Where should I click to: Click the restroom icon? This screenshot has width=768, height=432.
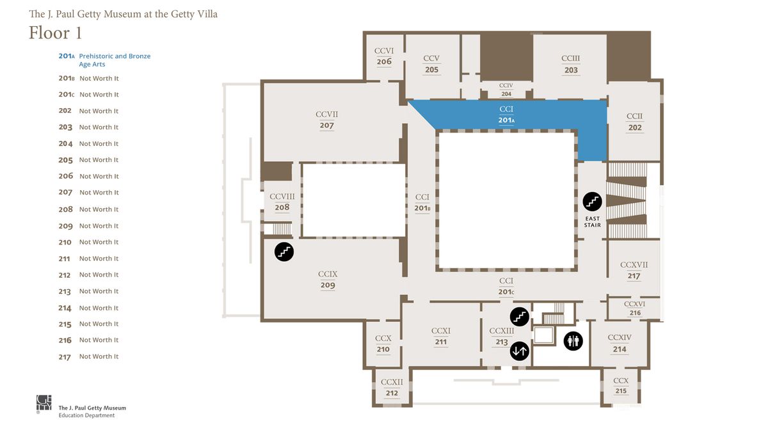coord(573,341)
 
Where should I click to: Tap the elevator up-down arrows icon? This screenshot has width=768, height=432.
coord(520,351)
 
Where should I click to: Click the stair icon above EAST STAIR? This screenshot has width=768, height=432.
coord(592,202)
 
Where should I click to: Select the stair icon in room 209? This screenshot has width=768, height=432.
coord(284,252)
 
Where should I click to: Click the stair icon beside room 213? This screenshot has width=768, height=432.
coord(520,316)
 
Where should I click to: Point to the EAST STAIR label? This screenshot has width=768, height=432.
coord(593,222)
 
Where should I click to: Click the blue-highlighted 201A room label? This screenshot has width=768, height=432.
coord(506,120)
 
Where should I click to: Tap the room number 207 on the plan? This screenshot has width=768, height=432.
coord(327,125)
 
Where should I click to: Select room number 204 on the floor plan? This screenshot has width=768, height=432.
coord(506,94)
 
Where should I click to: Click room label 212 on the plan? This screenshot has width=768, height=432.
coord(392,393)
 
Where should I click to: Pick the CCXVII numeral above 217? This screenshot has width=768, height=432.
coord(634,265)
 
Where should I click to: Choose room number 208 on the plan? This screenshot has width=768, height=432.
coord(282,207)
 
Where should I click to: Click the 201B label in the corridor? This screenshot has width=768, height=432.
coord(422,208)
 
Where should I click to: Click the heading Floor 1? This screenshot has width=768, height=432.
coord(55,33)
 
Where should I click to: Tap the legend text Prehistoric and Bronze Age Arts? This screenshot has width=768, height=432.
coord(115,60)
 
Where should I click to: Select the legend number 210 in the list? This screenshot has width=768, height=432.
coord(65,243)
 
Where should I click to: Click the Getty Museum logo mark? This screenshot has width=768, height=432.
coord(44,403)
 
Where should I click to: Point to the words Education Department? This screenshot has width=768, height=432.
coord(86,415)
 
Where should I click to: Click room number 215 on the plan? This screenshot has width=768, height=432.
coord(621,391)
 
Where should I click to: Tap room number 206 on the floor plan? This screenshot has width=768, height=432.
coord(384,61)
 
